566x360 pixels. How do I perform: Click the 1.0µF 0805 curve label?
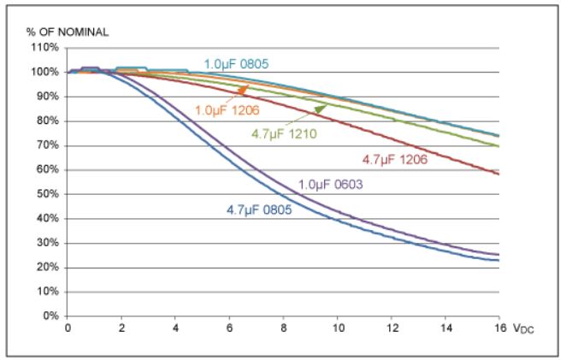coord(242,62)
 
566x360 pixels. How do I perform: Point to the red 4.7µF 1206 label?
coord(394,159)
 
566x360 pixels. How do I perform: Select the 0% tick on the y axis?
coord(50,316)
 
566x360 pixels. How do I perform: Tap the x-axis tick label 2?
coord(121,328)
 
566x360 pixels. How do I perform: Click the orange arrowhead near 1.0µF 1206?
coord(245,87)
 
